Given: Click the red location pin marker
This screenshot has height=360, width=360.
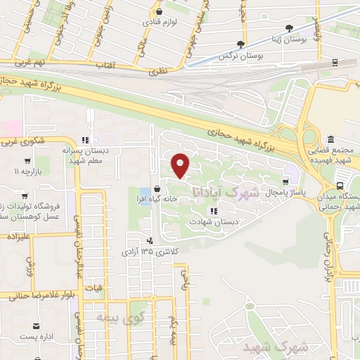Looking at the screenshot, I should tap(181, 165).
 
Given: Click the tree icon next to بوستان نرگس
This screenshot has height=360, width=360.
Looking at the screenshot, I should tap(241, 44).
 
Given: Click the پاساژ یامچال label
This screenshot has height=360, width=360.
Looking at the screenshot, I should tap(275, 191).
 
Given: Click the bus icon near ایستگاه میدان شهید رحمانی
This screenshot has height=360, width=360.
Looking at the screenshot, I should tap(340, 186).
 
